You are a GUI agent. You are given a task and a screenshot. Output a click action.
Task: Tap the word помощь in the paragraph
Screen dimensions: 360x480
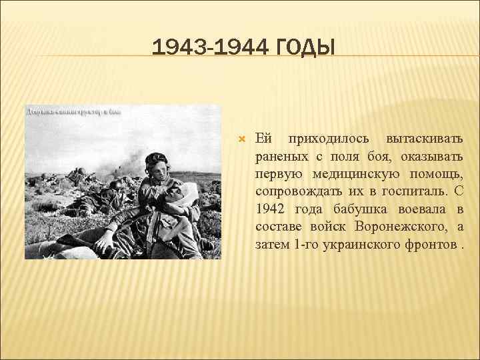coord(438,175)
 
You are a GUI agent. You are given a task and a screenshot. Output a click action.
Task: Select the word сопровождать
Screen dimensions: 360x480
coord(297,192)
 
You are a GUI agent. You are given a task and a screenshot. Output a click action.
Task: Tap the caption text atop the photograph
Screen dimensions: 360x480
coord(73,111)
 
